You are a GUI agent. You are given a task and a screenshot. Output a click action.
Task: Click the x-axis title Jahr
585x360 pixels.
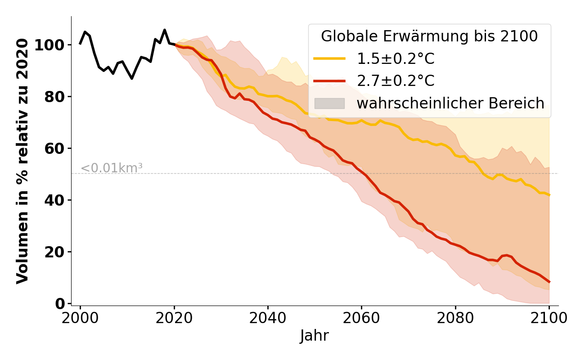(315, 336)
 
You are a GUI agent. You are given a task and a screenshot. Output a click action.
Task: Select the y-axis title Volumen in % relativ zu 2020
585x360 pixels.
(22, 161)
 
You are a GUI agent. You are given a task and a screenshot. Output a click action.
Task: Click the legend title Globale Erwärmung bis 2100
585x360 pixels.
(429, 36)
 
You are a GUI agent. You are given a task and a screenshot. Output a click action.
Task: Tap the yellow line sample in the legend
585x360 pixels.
(329, 59)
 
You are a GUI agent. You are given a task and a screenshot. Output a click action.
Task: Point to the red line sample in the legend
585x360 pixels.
(329, 81)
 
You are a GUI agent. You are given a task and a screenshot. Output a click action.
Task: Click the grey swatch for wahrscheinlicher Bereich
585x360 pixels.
(329, 103)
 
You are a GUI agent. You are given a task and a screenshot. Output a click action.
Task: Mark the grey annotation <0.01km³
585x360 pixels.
(112, 168)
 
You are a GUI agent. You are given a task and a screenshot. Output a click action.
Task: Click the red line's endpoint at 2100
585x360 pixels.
(549, 282)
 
